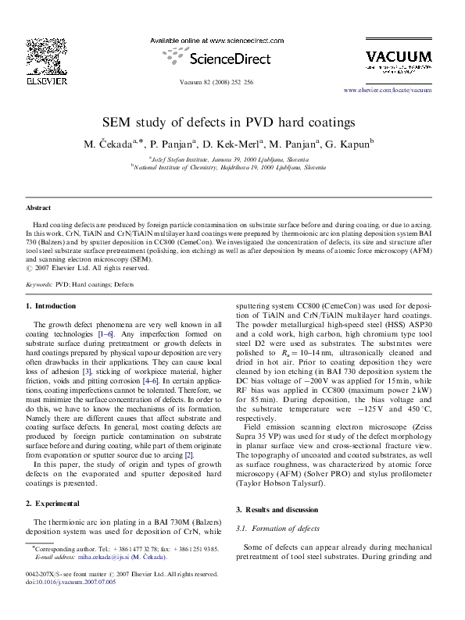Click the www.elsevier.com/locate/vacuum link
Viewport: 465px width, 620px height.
[399, 90]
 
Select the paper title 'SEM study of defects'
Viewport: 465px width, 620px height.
[229, 123]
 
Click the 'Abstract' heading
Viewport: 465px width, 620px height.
[38, 209]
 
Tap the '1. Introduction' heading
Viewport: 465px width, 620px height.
[52, 306]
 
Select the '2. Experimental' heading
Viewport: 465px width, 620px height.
[52, 502]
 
